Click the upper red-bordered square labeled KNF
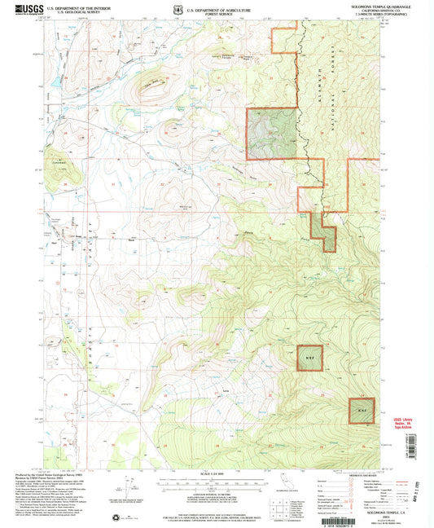pyautogui.click(x=309, y=359)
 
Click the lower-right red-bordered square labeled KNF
pyautogui.click(x=362, y=410)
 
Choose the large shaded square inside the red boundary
pyautogui.click(x=272, y=134)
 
